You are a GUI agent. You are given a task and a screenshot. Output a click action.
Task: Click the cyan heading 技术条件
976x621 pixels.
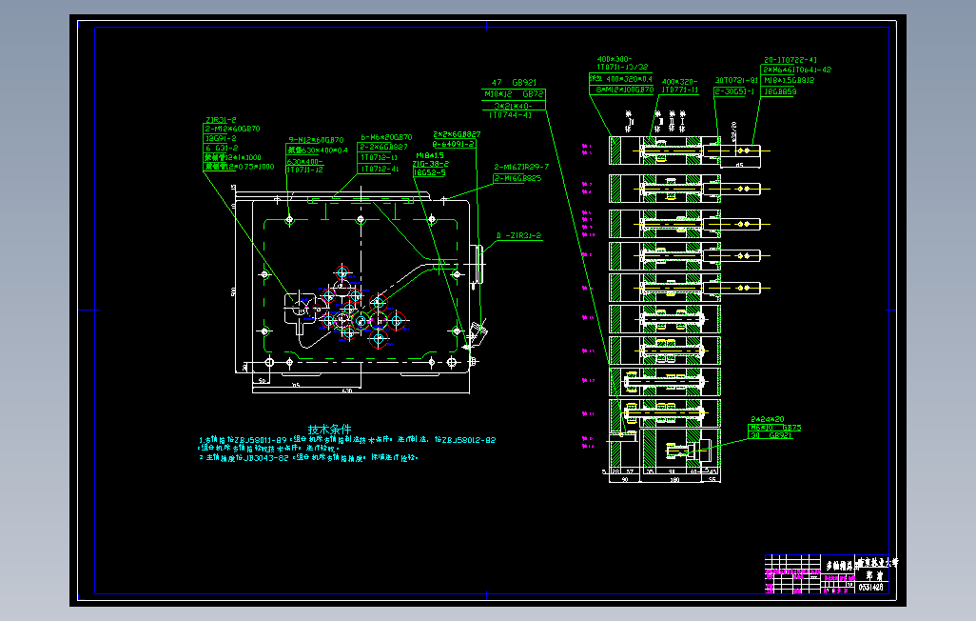[329, 429]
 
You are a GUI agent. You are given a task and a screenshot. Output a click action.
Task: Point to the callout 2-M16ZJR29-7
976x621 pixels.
[521, 167]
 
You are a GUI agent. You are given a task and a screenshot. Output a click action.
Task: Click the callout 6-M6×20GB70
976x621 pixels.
[386, 137]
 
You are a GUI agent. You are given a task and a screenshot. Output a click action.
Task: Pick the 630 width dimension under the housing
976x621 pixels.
[347, 391]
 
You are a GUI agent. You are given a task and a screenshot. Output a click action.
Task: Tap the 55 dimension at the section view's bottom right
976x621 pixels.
[713, 479]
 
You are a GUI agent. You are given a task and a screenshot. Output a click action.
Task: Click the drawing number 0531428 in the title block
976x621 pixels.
[870, 588]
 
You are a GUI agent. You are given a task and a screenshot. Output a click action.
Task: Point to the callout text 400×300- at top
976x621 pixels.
[615, 59]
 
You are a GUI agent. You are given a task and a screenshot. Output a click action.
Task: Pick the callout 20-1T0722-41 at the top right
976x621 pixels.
[791, 59]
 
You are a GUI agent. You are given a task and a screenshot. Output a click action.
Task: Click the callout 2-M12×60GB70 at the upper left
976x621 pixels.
[233, 129]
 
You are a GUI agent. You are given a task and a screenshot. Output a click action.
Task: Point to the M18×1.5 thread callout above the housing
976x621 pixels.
[431, 154]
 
